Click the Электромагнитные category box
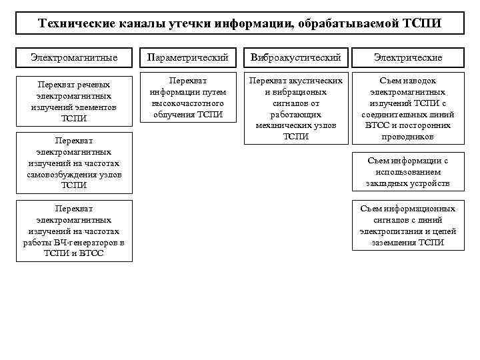pyautogui.click(x=74, y=58)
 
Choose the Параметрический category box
pyautogui.click(x=188, y=58)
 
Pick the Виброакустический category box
pyautogui.click(x=295, y=58)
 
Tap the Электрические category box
pyautogui.click(x=407, y=58)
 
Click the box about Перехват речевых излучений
pyautogui.click(x=74, y=101)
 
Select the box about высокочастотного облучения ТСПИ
pyautogui.click(x=188, y=97)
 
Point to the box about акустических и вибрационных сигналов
pyautogui.click(x=295, y=107)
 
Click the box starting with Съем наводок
pyautogui.click(x=407, y=107)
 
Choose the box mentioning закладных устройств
pyautogui.click(x=407, y=171)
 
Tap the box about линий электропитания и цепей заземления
pyautogui.click(x=407, y=225)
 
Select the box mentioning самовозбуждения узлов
pyautogui.click(x=74, y=163)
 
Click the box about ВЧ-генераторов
pyautogui.click(x=74, y=231)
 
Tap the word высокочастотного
pyautogui.click(x=188, y=103)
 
